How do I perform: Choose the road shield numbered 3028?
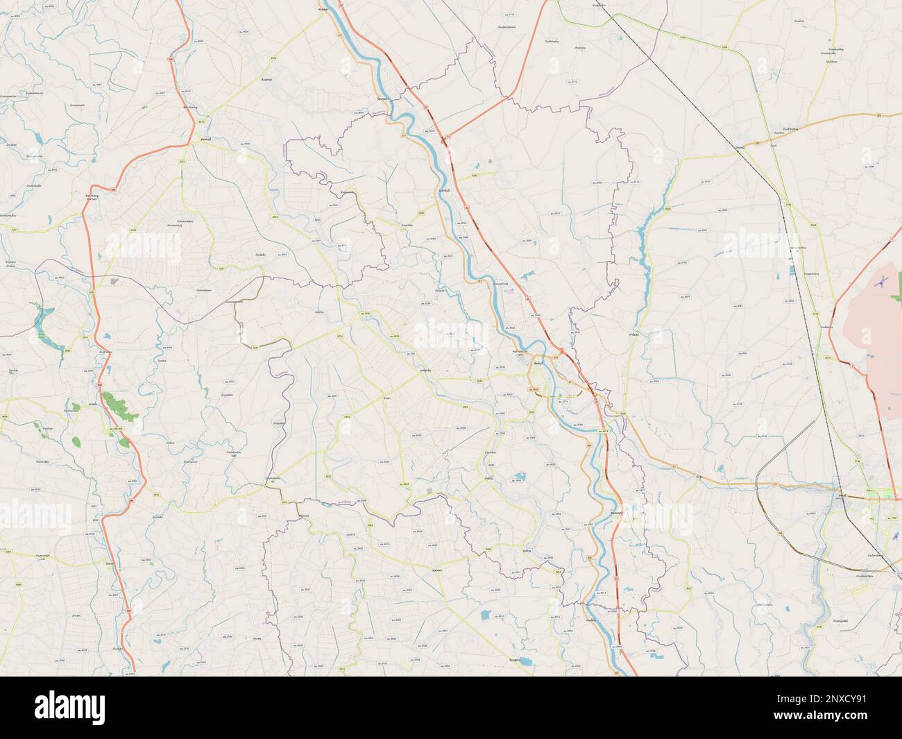tap(623, 414)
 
